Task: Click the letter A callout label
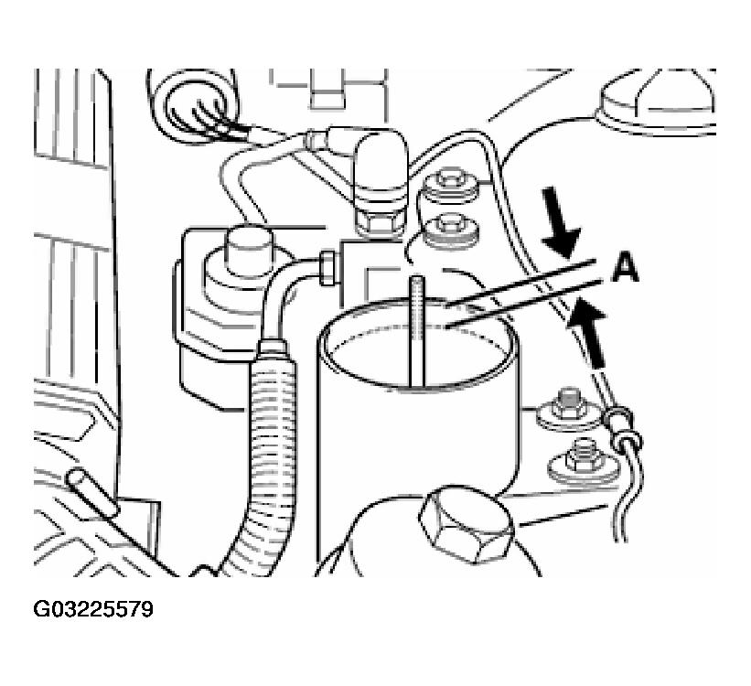625,268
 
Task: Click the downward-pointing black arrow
561,222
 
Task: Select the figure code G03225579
93,609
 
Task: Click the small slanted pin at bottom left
91,492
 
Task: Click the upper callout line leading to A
520,282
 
